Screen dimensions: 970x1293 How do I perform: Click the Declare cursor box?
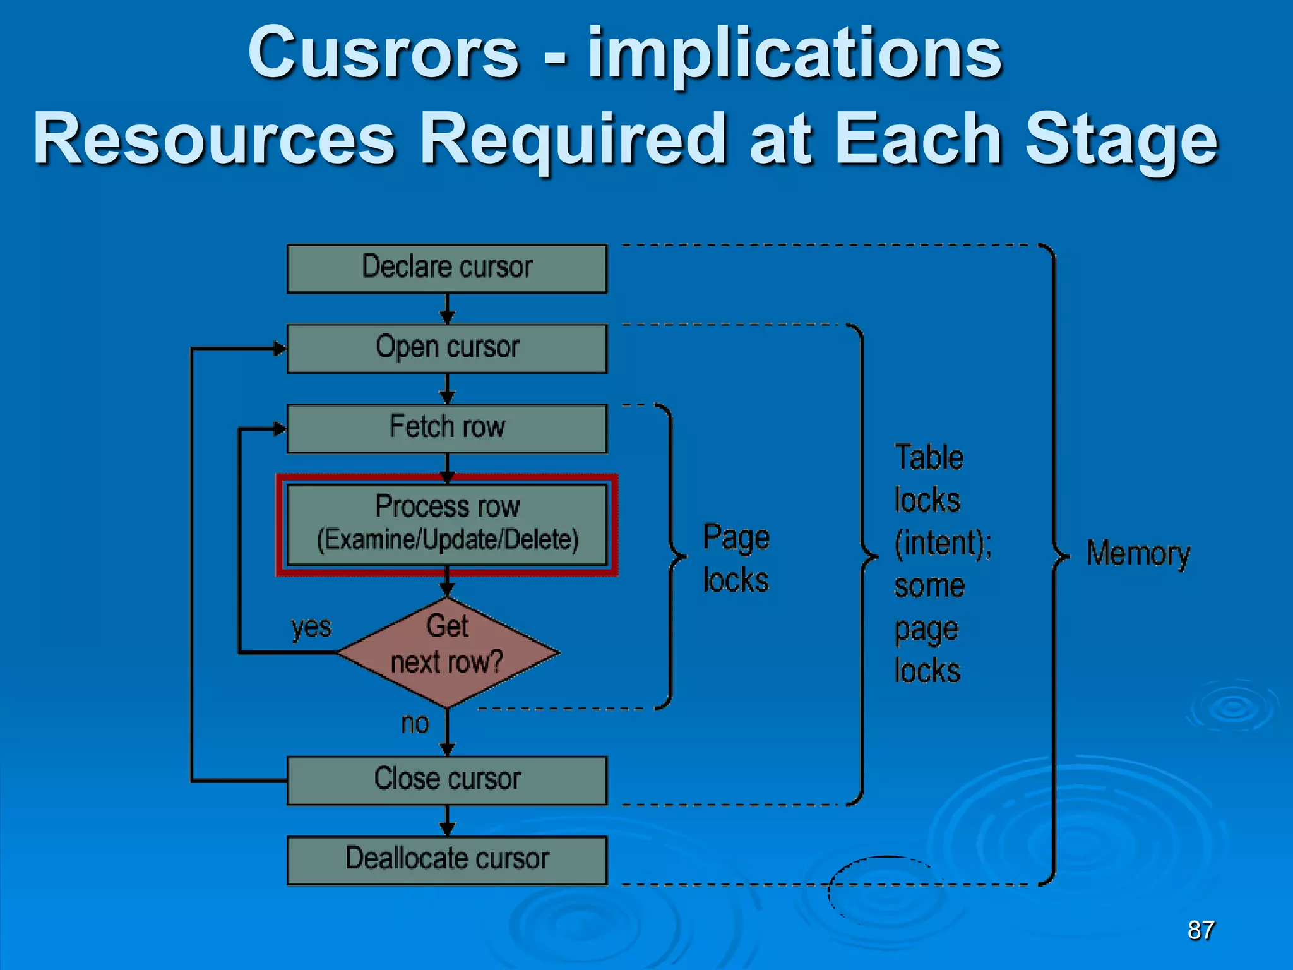pos(447,269)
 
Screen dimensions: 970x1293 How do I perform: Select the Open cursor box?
pos(447,349)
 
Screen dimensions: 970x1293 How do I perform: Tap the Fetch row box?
pos(447,428)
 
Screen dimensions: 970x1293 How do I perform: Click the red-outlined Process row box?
pos(447,524)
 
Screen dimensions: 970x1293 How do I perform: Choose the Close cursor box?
pos(447,780)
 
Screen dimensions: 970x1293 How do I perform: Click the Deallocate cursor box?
pos(447,860)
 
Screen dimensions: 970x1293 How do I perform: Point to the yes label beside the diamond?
pos(311,628)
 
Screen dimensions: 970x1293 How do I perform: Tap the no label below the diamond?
pos(415,724)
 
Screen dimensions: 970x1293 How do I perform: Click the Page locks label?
pos(736,559)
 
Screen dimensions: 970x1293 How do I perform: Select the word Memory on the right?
pos(1138,554)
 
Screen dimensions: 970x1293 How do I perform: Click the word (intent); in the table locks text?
pos(943,543)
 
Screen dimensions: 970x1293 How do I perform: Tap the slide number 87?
pos(1201,930)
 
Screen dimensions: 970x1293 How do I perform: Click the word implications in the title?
pos(794,56)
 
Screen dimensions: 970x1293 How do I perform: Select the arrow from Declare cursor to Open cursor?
pos(447,309)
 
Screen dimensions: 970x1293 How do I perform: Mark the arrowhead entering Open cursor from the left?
pos(279,349)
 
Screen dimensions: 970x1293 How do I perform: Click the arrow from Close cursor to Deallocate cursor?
pos(447,822)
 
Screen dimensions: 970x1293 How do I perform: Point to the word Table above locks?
pos(929,457)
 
